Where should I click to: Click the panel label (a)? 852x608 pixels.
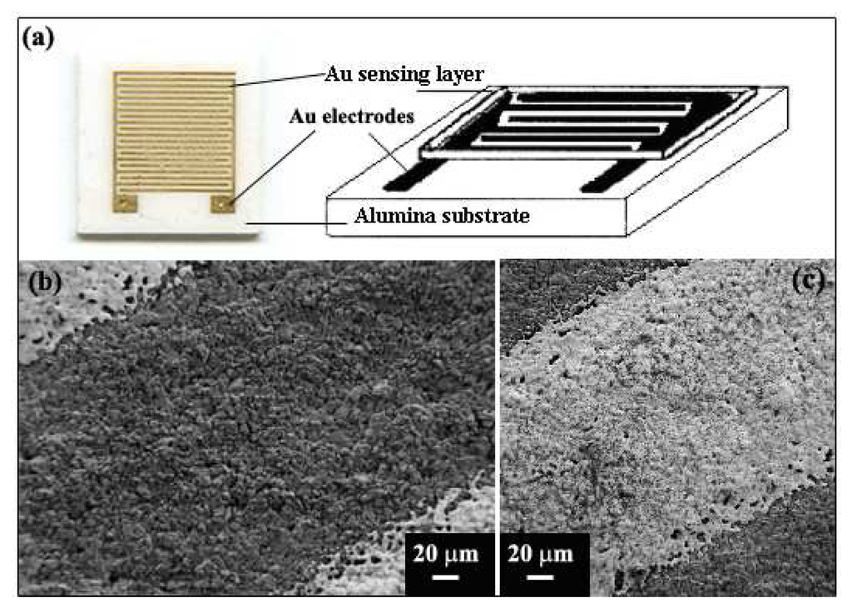pos(39,38)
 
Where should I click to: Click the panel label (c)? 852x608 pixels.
pos(807,281)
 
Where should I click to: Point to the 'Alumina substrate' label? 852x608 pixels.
pos(443,217)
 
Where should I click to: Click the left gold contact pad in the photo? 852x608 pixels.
pos(123,202)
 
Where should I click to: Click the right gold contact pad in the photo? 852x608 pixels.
pos(221,202)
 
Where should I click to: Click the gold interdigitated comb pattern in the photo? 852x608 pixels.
pos(173,133)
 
